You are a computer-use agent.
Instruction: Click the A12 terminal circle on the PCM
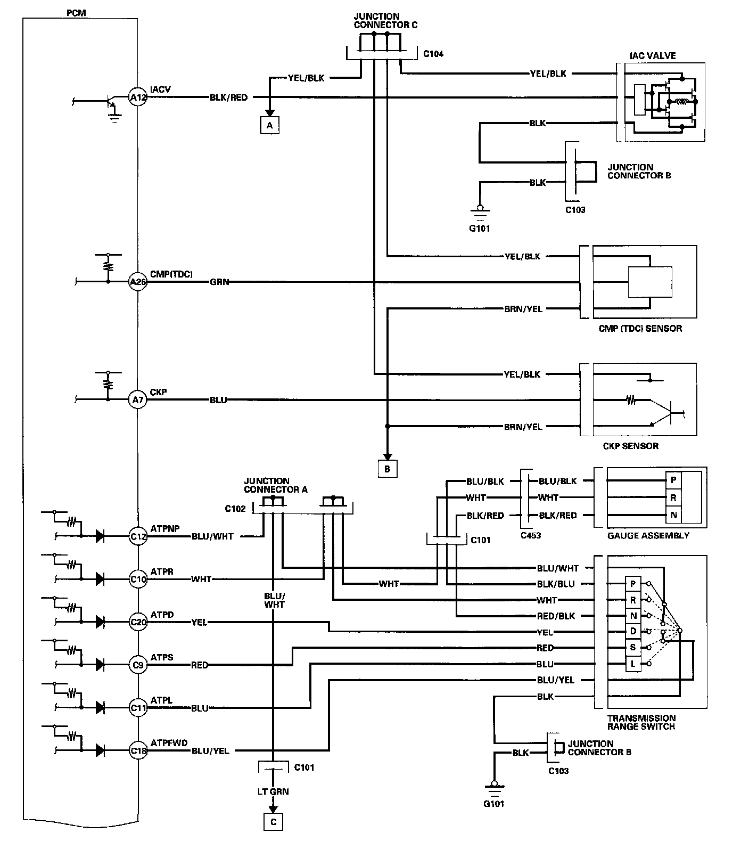138,97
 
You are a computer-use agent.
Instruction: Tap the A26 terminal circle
138,282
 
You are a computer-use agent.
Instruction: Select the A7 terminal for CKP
138,399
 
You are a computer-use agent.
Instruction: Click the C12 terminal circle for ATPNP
138,536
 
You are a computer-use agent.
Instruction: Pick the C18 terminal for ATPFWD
138,751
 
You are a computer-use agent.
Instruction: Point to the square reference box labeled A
270,125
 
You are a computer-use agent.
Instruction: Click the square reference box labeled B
388,469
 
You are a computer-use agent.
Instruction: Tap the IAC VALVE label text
653,55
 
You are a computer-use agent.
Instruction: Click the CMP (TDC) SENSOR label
640,328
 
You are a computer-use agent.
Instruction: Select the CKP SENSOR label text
631,446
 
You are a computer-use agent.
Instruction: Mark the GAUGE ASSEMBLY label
648,535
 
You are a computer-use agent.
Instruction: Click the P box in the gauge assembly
673,480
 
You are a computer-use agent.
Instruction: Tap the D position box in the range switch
633,632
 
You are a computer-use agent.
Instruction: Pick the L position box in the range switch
633,664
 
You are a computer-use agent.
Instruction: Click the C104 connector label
433,54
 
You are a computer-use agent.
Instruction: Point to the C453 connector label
530,535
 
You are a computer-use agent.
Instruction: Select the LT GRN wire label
273,791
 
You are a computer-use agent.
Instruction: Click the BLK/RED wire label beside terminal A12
229,97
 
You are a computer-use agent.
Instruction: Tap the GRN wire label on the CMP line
219,282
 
